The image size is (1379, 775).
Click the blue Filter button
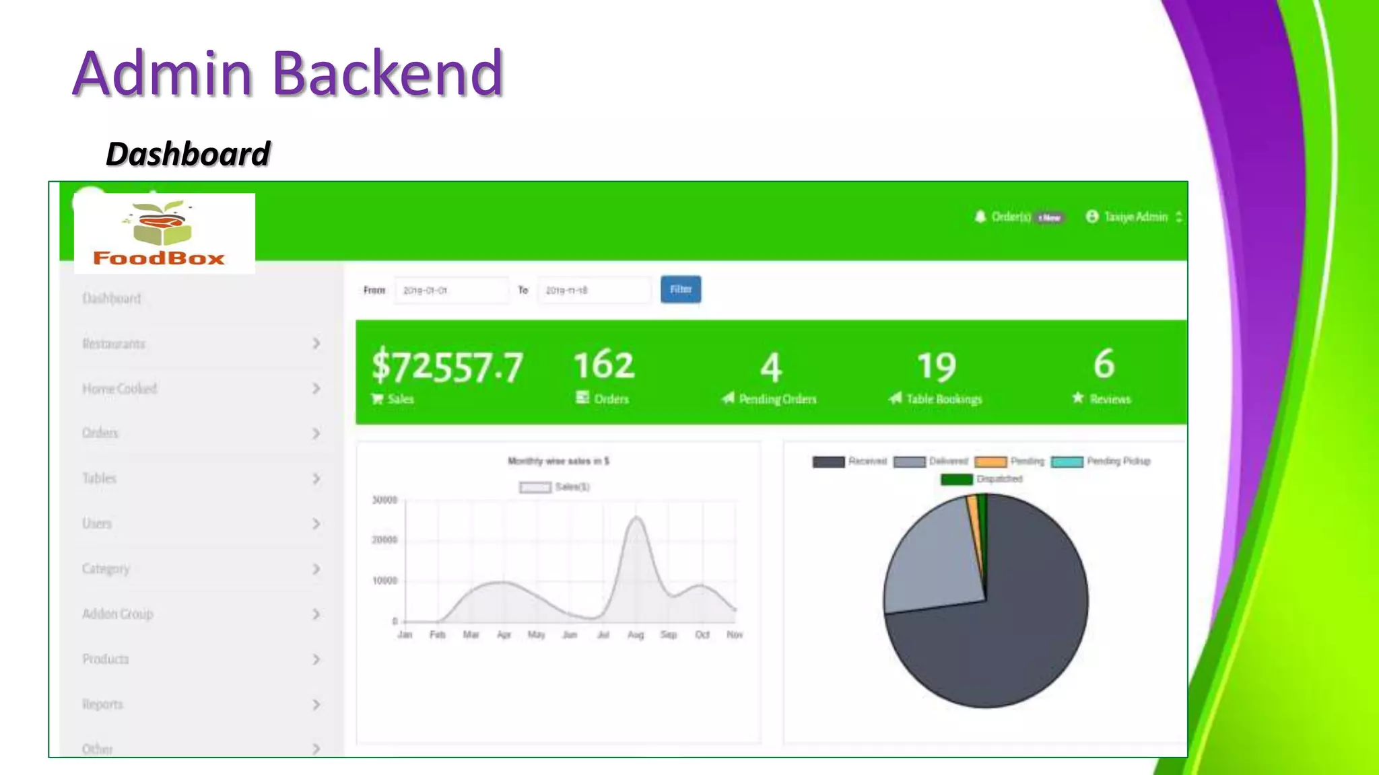coord(680,289)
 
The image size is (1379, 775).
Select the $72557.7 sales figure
coord(447,367)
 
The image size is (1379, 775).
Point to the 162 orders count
coord(604,365)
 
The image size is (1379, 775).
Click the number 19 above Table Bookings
coord(937,367)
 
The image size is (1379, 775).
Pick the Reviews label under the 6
coord(1110,399)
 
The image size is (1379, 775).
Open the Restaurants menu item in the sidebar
coord(114,344)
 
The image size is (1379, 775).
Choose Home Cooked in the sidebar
coord(119,389)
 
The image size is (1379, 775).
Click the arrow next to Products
coord(316,659)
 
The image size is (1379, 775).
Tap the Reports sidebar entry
coord(102,704)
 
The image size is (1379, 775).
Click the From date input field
coord(451,290)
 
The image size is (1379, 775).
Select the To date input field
coord(594,290)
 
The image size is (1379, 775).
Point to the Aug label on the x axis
coord(636,635)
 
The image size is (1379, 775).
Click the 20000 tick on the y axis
coord(384,540)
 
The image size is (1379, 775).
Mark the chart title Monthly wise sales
coord(558,461)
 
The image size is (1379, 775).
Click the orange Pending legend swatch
coord(990,462)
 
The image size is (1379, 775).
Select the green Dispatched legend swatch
coord(956,479)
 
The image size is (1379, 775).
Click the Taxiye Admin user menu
coord(1135,217)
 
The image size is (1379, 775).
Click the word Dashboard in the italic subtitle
coord(188,154)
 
